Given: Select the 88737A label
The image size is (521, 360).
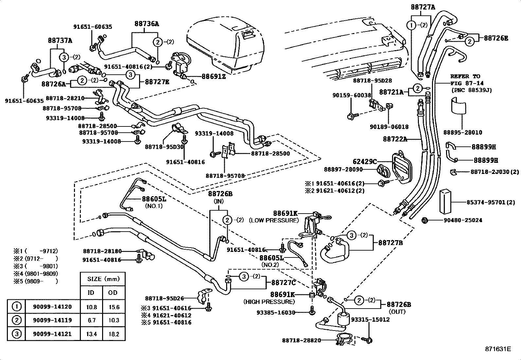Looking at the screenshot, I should pos(60,41).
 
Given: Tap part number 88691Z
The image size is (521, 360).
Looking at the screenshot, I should pos(213,76).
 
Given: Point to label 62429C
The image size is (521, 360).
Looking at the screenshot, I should pos(365,161).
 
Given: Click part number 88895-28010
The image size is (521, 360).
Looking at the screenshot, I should pos(463,132).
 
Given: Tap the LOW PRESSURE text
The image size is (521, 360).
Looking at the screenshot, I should pos(274,220).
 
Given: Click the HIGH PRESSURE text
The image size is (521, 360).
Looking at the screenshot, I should pos(269,301).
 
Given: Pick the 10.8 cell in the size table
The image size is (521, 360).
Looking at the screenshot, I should pos(91,307).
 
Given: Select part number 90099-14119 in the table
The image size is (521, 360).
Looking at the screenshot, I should pos(52,320).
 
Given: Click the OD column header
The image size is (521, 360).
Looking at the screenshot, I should pos(113,293).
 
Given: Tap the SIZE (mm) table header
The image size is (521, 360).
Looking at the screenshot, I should pos(103,279).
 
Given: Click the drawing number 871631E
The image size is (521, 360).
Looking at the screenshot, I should pos(498,349).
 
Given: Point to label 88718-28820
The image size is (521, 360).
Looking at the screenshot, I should pos(301,340).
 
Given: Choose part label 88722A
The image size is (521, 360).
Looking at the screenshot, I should pos(395,139).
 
